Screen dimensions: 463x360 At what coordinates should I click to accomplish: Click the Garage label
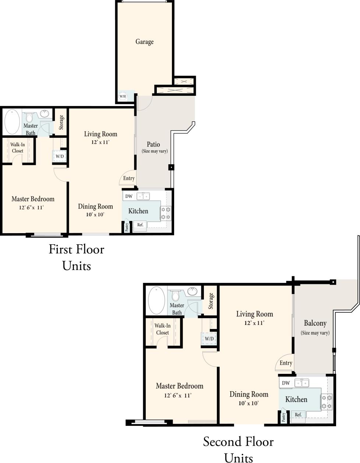(x=144, y=42)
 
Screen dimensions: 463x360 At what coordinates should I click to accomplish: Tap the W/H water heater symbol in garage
(x=123, y=97)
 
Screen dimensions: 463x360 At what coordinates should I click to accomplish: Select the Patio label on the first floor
(x=153, y=144)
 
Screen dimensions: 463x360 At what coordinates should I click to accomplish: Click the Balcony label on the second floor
(x=315, y=323)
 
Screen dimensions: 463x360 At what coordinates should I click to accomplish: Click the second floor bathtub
(x=156, y=299)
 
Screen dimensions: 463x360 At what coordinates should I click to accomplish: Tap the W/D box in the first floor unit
(x=60, y=156)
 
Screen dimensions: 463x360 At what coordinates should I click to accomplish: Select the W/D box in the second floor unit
(x=209, y=339)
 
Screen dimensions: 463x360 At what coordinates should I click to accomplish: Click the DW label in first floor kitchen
(x=129, y=196)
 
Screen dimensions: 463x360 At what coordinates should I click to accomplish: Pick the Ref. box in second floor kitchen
(x=298, y=415)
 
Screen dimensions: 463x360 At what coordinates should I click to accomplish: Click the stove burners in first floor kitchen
(x=166, y=213)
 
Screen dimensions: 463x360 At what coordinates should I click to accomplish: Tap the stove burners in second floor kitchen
(x=327, y=402)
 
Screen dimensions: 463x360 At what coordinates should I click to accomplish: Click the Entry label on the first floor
(x=129, y=178)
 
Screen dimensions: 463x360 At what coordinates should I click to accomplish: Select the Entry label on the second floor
(x=286, y=363)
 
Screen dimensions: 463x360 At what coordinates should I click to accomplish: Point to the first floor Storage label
(x=61, y=122)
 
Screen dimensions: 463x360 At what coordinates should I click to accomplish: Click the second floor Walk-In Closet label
(x=162, y=329)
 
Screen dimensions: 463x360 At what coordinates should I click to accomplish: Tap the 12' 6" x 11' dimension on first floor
(x=32, y=207)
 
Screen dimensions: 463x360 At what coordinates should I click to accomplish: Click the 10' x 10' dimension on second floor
(x=248, y=403)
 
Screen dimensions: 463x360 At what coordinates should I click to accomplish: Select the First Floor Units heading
(x=77, y=257)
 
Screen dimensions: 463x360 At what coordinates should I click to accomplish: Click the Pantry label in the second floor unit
(x=283, y=417)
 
